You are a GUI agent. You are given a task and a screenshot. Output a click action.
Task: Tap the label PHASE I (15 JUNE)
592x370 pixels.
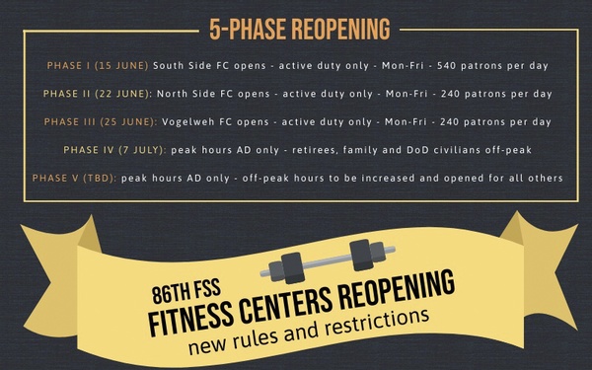tap(98, 65)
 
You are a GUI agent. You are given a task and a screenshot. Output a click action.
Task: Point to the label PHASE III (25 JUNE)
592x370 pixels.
tap(98, 122)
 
